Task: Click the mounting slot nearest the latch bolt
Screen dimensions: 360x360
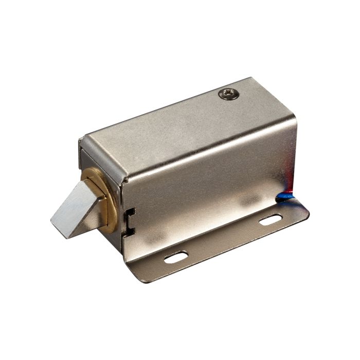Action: pyautogui.click(x=176, y=256)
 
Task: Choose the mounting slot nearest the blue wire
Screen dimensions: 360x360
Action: pyautogui.click(x=270, y=221)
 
